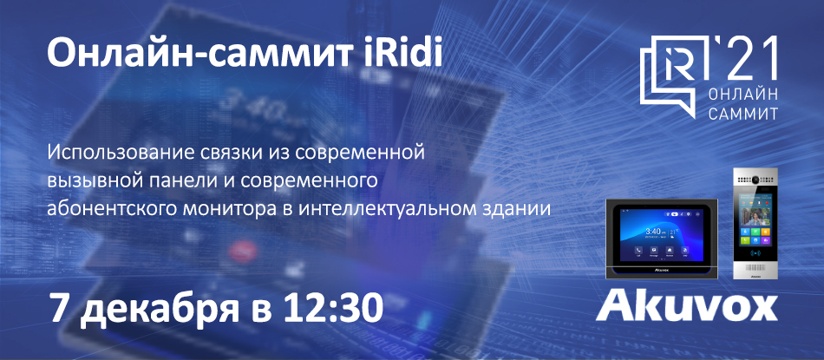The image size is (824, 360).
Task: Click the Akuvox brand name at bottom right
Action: (x=686, y=304)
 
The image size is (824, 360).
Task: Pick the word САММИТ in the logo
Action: (x=743, y=113)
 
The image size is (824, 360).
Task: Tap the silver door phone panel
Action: (x=755, y=223)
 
